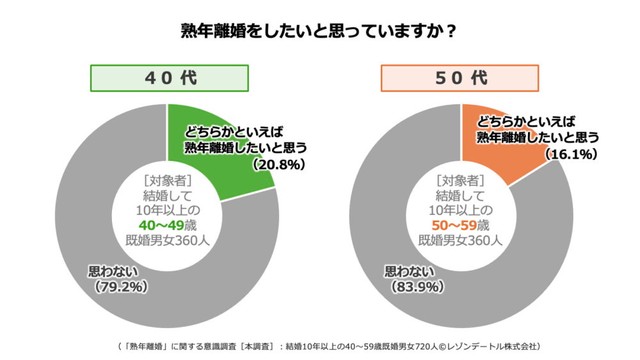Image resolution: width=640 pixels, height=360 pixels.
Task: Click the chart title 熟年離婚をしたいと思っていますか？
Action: tap(320, 30)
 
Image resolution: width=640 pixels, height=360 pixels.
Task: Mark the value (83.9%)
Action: tap(416, 288)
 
